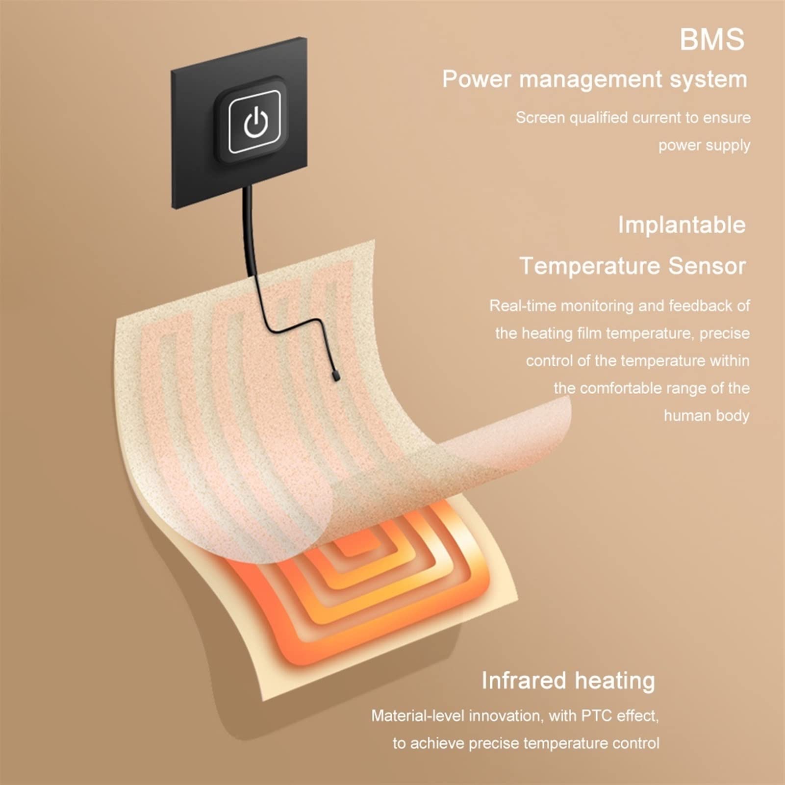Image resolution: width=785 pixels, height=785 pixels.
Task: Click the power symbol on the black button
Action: click(255, 122)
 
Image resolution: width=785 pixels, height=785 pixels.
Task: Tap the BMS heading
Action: click(712, 40)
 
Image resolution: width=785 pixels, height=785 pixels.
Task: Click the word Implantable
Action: click(682, 226)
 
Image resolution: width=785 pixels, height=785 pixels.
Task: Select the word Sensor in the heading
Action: click(707, 266)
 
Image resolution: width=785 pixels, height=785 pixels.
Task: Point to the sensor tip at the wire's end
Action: click(336, 377)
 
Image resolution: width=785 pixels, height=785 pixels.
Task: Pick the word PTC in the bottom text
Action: click(597, 716)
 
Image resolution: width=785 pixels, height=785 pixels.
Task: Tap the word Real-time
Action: click(523, 306)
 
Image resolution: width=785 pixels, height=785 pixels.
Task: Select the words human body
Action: click(707, 416)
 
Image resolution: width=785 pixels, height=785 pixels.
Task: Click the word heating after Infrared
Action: click(615, 681)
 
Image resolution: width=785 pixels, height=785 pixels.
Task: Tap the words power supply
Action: click(704, 145)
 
